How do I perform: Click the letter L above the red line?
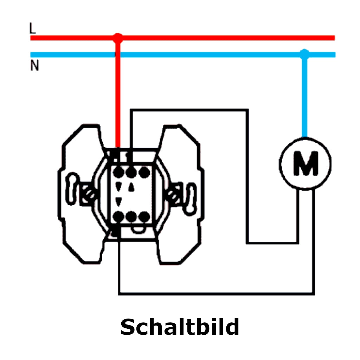[x=33, y=28]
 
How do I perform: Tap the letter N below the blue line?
[x=35, y=65]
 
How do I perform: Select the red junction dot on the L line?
[x=118, y=38]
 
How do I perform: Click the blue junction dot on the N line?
[x=304, y=54]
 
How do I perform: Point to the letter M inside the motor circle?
[x=306, y=163]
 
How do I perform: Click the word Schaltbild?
[x=180, y=327]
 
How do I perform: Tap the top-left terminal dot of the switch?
[x=118, y=172]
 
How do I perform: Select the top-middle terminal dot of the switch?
[x=131, y=172]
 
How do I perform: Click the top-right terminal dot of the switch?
[x=144, y=172]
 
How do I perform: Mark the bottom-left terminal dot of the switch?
[x=118, y=217]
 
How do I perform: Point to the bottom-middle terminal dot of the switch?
[x=131, y=217]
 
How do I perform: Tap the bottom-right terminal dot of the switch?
[x=144, y=217]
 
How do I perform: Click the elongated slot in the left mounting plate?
[x=72, y=189]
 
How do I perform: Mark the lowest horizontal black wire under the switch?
[x=216, y=294]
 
